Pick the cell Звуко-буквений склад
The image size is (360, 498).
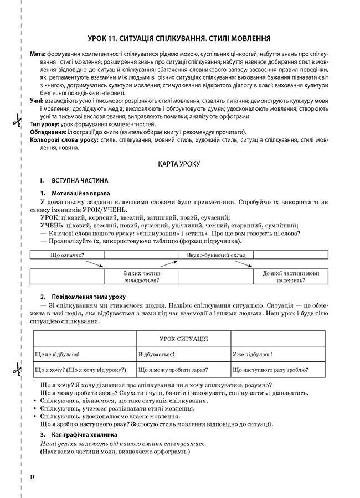tap(216, 255)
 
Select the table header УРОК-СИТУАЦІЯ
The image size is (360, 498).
tap(183, 339)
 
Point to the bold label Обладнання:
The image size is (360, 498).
tap(48, 133)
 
